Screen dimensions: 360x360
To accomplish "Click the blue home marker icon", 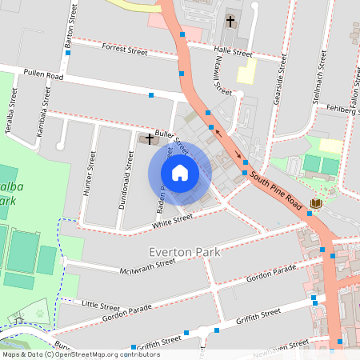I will pos(180,173).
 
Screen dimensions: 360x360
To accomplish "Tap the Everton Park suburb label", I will pos(183,252).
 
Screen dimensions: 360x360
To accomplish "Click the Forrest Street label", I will pos(125,50).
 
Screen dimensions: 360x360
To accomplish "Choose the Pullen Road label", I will pos(43,74).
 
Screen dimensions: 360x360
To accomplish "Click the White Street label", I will pos(174,218).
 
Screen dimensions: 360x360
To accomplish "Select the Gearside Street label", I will pos(280,86).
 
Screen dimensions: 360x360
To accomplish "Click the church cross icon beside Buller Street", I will pos(150,139).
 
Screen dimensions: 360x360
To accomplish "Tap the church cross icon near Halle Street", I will pos(231,22).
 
